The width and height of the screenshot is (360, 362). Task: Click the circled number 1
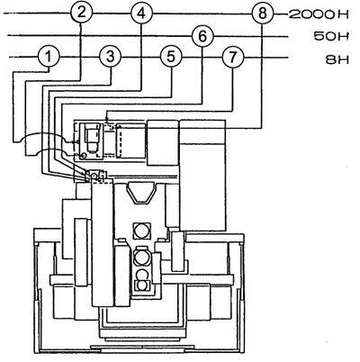coord(49,57)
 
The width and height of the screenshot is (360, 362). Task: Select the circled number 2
coord(81,13)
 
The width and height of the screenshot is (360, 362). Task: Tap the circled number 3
coord(110,57)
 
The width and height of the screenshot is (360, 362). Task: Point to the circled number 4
coord(141,14)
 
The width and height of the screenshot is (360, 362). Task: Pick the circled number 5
coord(171,57)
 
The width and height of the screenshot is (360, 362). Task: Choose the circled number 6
coord(202,37)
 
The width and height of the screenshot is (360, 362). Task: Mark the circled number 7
coord(233,57)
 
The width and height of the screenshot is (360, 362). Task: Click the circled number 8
coord(263,14)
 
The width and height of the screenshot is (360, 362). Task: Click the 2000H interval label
coord(319,14)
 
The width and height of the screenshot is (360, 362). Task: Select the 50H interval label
coord(331,37)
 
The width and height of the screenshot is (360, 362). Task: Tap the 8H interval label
coord(337,59)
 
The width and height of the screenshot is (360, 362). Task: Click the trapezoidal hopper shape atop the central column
coord(142,194)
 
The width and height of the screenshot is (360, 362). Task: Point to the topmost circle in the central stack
coord(141,231)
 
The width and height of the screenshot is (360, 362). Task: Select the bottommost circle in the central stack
coord(142,285)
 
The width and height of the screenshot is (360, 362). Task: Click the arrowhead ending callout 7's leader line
coord(108,120)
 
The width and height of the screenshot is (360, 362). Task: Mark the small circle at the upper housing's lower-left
coord(84,155)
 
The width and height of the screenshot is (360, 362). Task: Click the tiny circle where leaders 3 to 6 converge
coord(94,176)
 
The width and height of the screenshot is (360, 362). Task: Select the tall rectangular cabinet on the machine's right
coord(202,176)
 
